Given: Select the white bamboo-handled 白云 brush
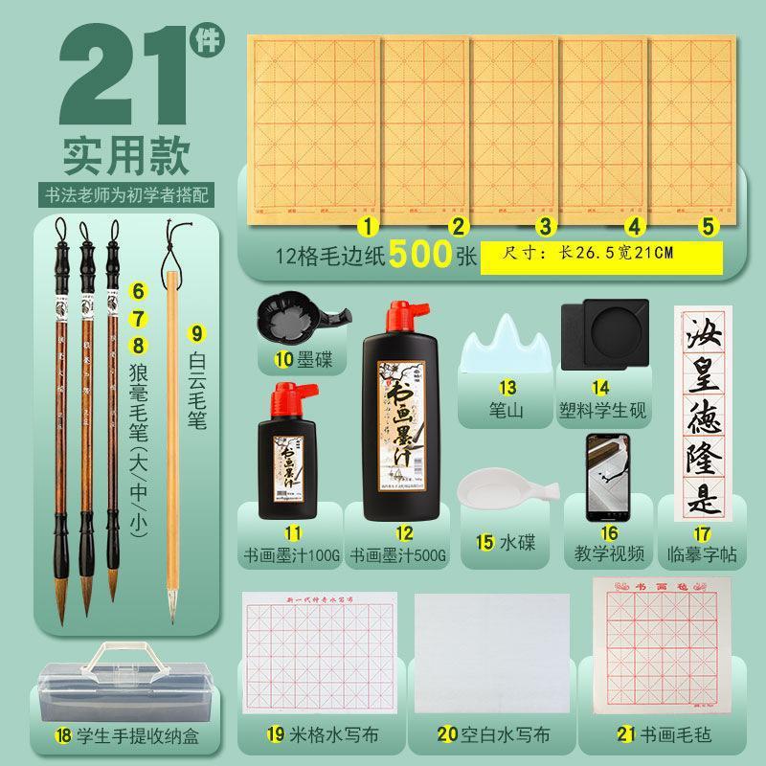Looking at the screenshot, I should click(173, 431).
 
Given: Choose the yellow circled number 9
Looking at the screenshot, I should click(197, 333).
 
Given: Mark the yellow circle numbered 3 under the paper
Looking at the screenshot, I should click(545, 227).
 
